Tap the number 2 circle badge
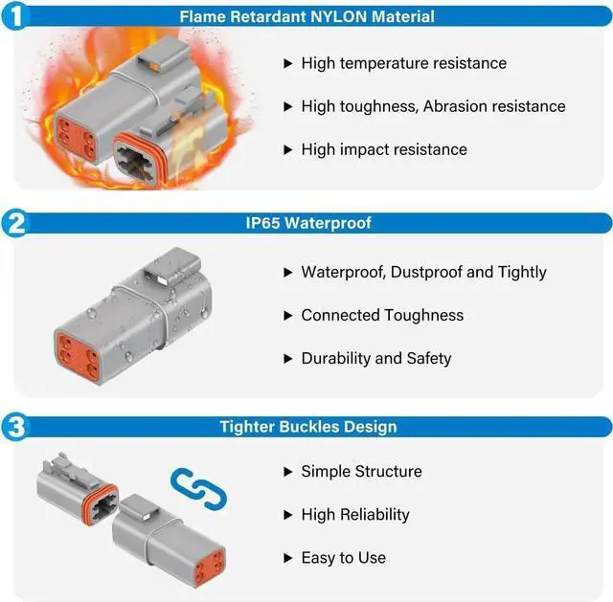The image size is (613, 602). click(x=18, y=224)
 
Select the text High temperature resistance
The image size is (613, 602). click(x=403, y=63)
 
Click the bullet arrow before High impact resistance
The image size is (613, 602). click(x=287, y=149)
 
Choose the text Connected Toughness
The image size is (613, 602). click(x=382, y=315)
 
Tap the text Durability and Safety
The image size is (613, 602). click(x=375, y=358)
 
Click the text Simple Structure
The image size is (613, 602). click(x=361, y=471)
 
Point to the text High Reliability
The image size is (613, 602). click(x=354, y=514)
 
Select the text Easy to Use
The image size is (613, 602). click(x=343, y=557)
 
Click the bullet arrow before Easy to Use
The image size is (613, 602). click(x=287, y=557)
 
